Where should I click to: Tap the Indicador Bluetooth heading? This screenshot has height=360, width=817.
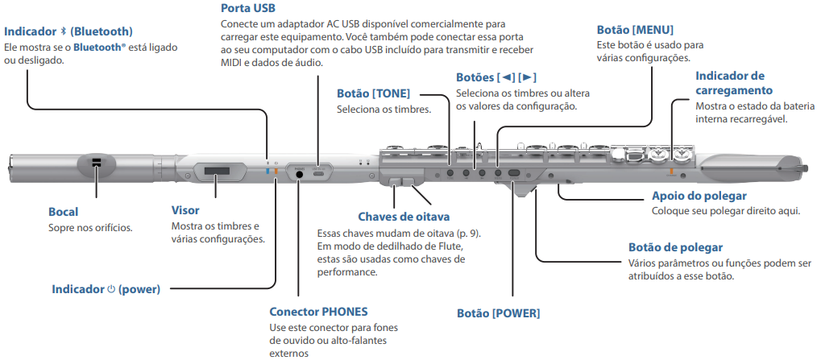(x=68, y=31)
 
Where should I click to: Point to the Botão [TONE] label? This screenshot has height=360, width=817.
(x=373, y=93)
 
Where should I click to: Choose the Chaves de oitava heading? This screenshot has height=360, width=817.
(x=403, y=217)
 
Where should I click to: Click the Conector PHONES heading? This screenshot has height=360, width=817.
(x=318, y=312)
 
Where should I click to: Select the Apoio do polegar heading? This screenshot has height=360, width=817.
(x=699, y=196)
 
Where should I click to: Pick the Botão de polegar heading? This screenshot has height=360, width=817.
(x=675, y=247)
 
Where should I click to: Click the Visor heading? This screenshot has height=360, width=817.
(x=185, y=210)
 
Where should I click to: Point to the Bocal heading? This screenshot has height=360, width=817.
(x=64, y=212)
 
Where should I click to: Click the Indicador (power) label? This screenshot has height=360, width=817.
(x=106, y=288)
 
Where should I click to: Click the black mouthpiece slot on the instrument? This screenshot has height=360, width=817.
(x=96, y=164)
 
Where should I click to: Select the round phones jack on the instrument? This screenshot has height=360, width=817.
(x=300, y=173)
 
